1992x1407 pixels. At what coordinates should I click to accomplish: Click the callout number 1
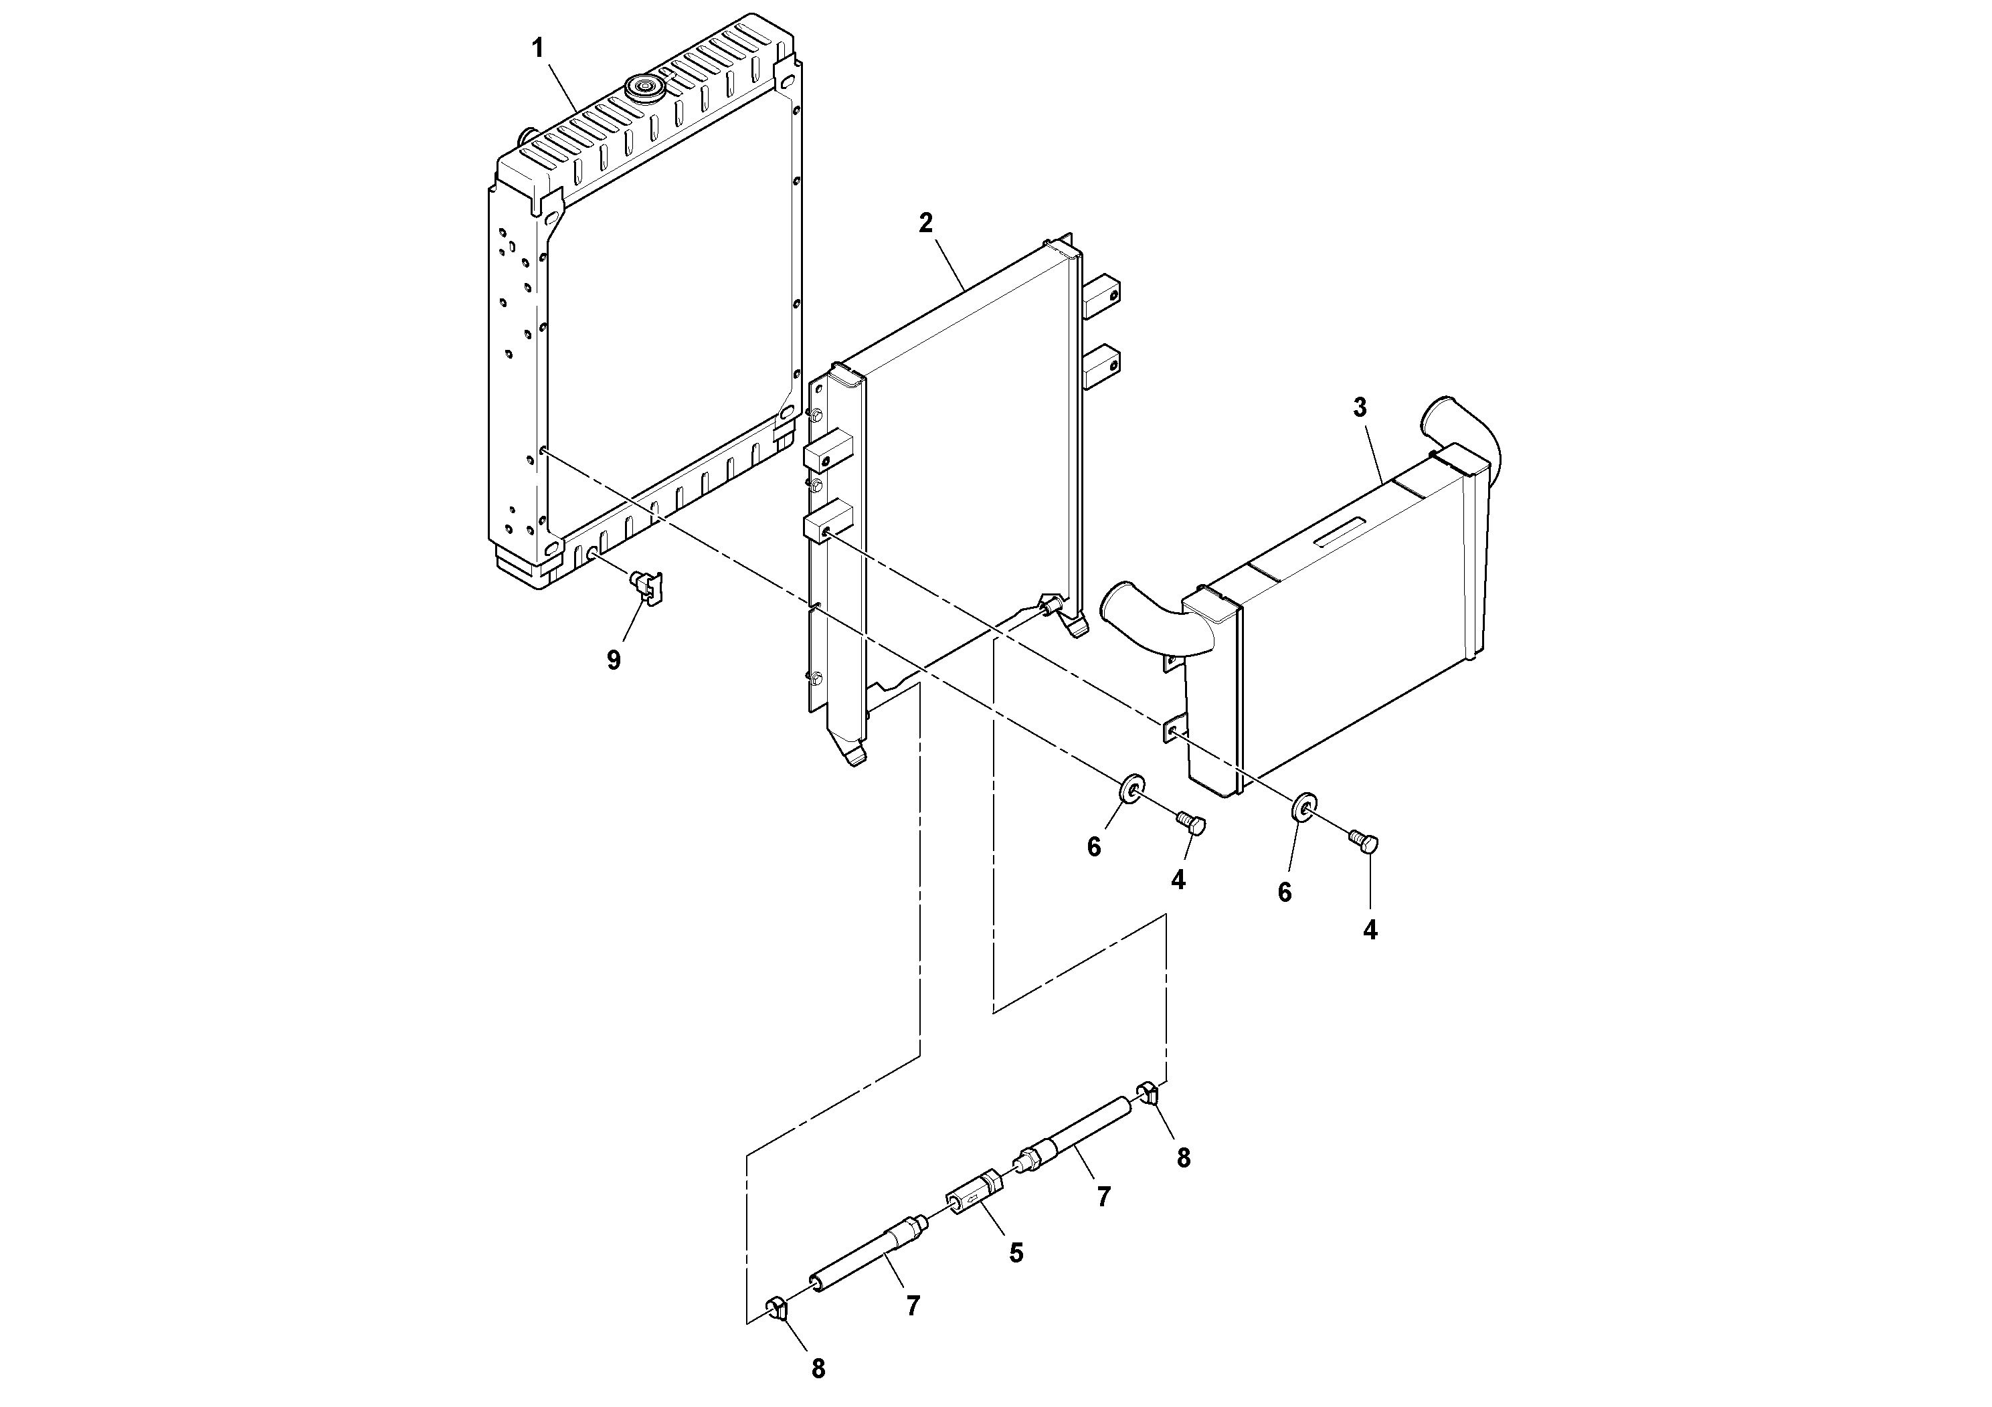538,49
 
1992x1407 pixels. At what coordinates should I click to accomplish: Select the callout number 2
925,223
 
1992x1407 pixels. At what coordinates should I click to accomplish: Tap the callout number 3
1360,407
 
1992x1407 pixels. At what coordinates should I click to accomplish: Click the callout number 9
614,660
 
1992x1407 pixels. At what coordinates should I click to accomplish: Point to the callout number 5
1016,1252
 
